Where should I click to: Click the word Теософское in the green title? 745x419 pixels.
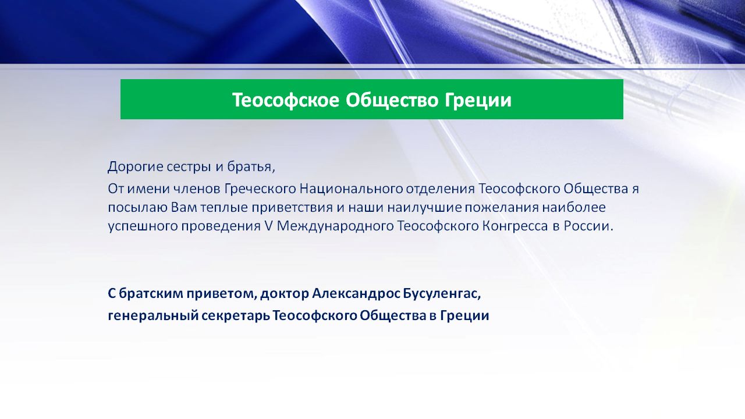point(286,100)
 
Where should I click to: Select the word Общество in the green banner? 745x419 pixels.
point(392,100)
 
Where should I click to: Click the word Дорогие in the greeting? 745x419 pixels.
point(135,167)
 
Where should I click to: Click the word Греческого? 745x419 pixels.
point(260,189)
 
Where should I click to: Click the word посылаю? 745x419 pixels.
point(138,208)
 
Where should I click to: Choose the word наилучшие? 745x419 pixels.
point(424,208)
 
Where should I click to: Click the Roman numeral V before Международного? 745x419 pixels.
point(268,226)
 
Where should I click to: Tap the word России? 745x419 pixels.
point(587,226)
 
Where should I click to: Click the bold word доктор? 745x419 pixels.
point(285,294)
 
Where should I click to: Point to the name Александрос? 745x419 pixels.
point(357,294)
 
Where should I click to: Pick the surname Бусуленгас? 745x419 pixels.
point(442,294)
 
